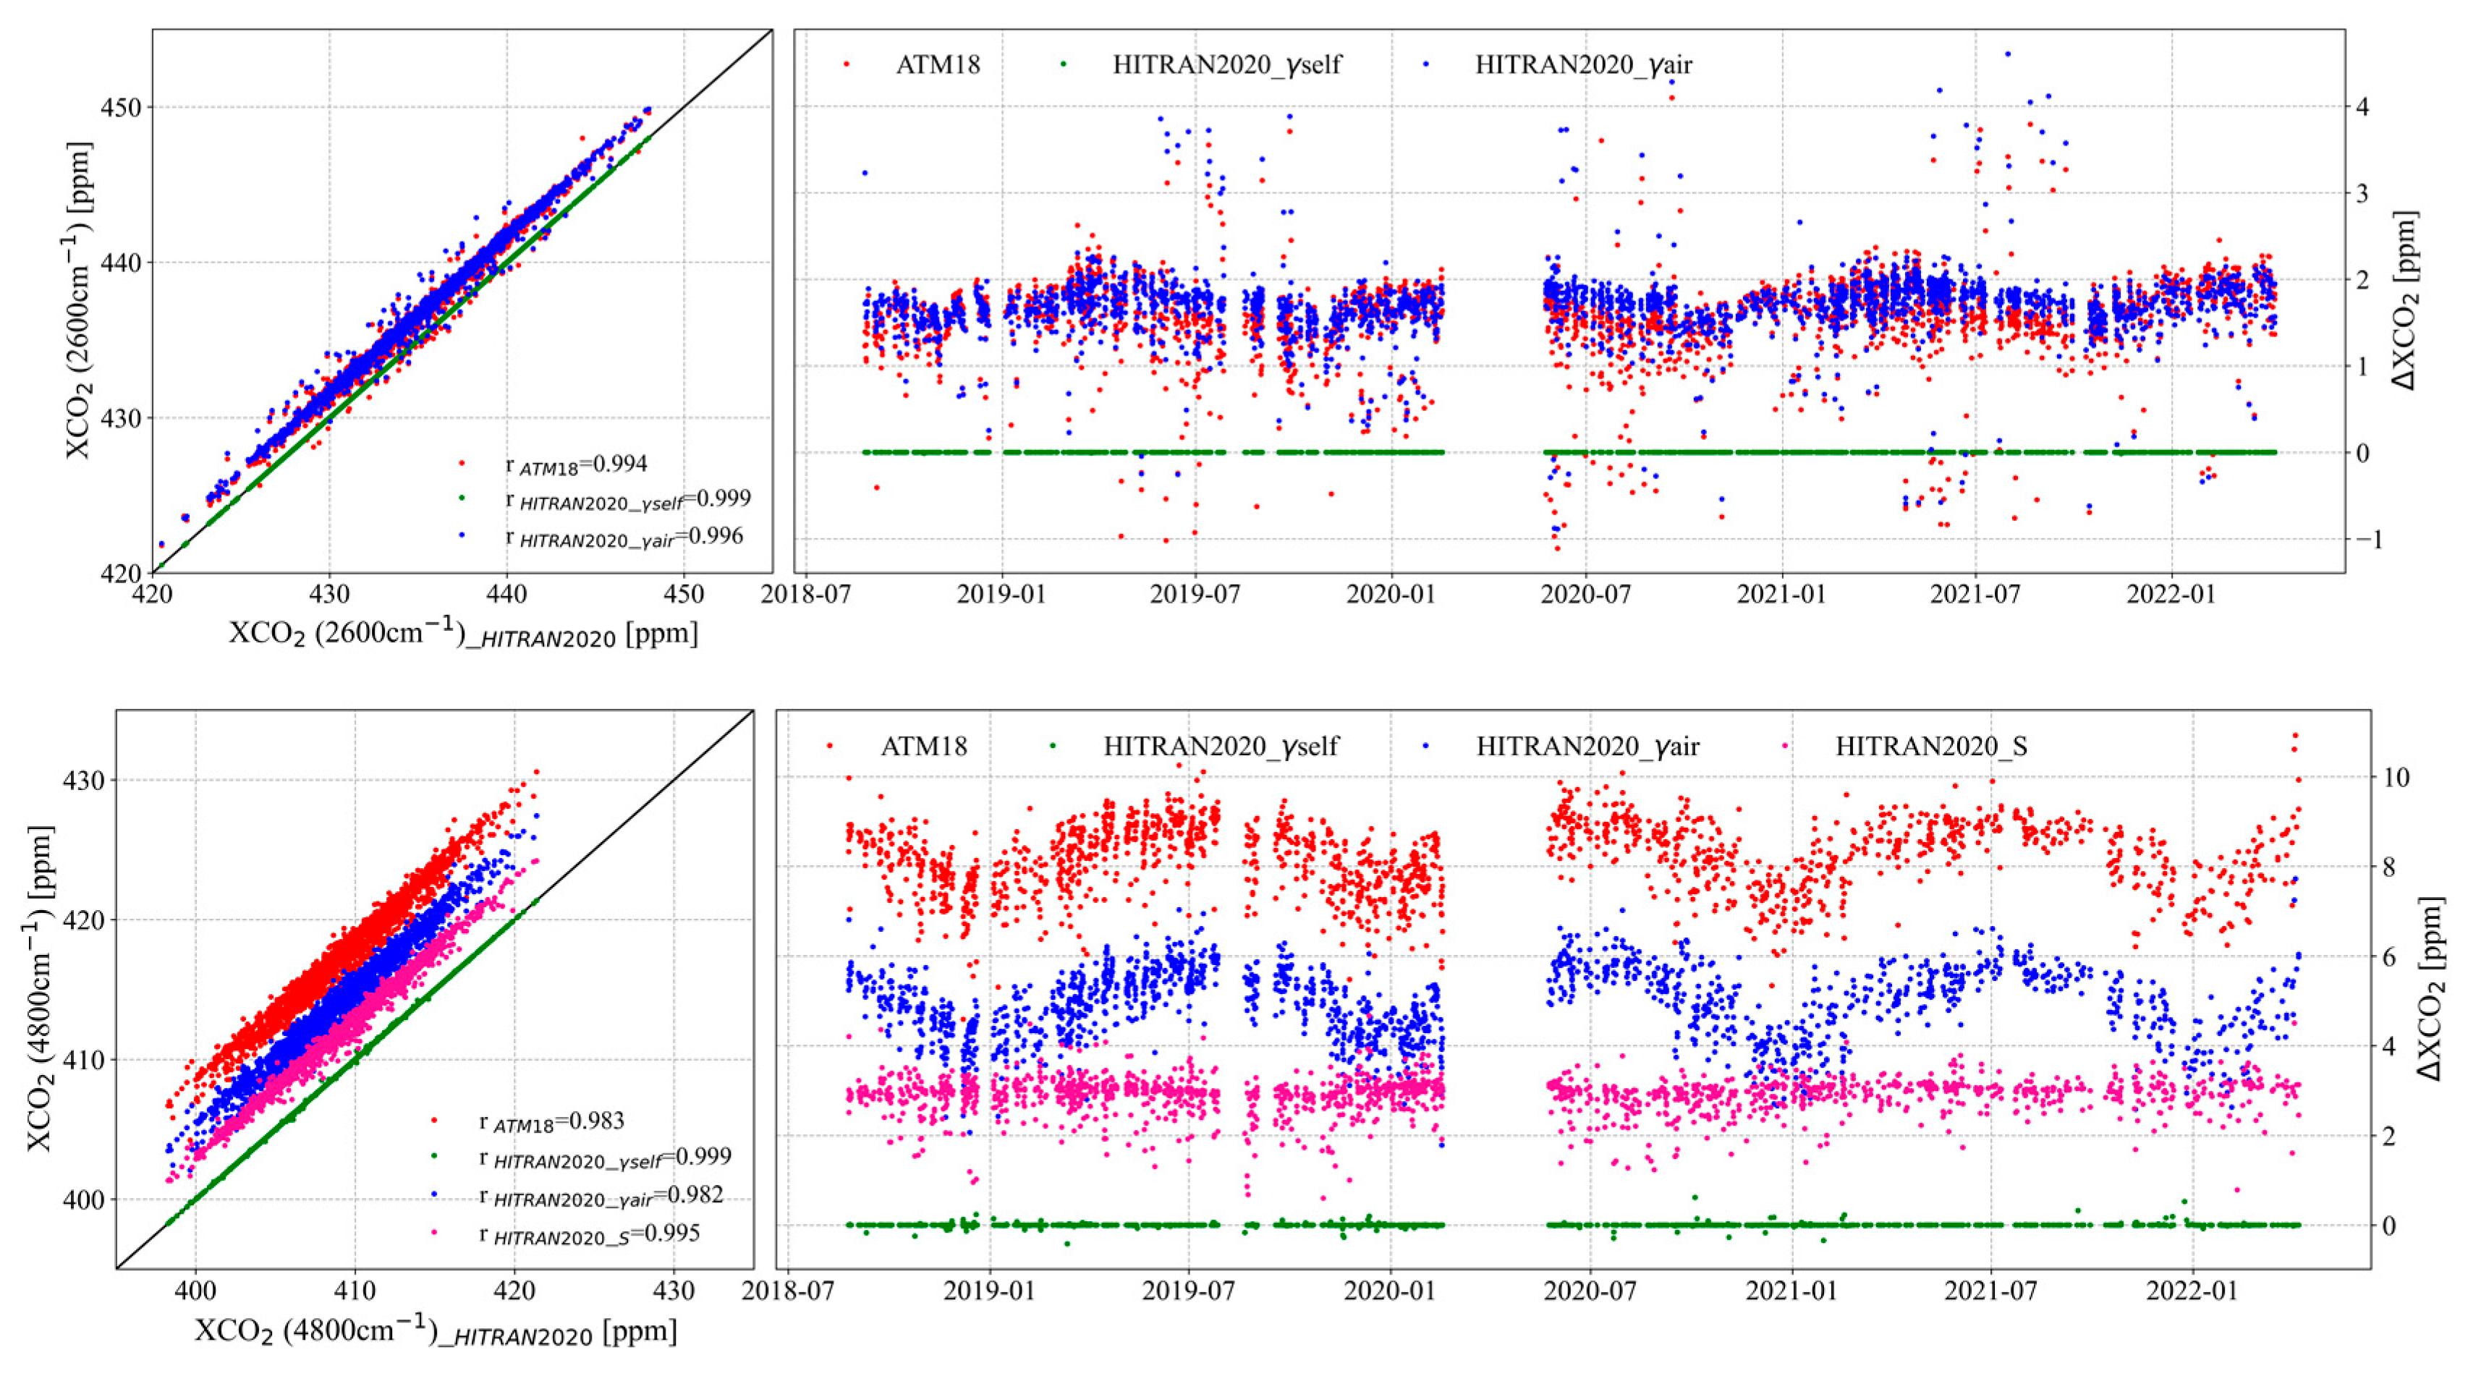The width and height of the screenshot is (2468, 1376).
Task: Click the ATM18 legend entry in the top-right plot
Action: (937, 65)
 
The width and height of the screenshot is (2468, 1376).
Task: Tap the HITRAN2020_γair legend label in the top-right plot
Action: (1582, 65)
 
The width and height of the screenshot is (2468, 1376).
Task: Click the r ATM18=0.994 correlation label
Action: (576, 464)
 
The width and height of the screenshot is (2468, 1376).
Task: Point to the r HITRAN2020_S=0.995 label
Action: (589, 1234)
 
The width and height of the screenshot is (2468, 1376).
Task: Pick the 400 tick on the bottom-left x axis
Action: (195, 1291)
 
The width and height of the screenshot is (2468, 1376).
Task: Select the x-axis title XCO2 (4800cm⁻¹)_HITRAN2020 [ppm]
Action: (436, 1333)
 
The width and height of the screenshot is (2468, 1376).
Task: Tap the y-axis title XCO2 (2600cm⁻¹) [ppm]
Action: (80, 300)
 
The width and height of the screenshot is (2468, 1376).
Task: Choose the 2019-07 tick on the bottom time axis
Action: (1189, 1291)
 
